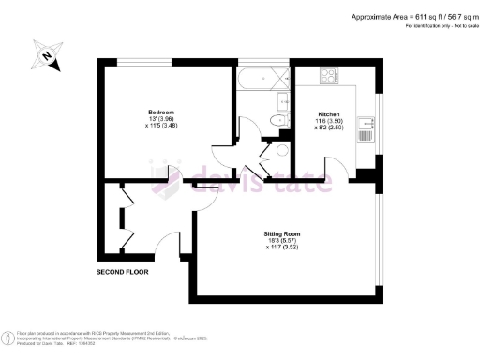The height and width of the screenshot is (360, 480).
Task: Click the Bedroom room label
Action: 161,112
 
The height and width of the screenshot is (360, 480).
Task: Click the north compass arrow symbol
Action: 43,57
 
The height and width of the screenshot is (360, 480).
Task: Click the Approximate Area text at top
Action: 412,17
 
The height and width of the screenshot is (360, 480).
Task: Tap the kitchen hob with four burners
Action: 330,76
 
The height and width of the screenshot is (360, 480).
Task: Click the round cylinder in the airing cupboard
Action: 281,150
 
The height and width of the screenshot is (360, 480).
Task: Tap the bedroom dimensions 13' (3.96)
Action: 161,119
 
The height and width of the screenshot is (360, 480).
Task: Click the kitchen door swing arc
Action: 330,169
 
